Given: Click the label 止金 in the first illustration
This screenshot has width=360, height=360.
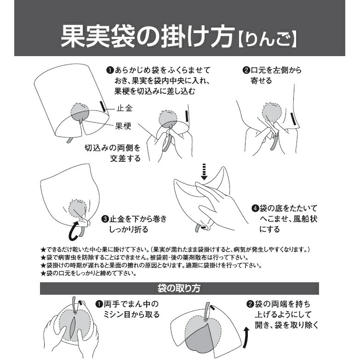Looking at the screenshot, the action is (125, 108).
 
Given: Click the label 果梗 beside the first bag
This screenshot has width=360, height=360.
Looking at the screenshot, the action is (123, 126).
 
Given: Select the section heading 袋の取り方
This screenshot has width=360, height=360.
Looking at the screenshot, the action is (179, 288).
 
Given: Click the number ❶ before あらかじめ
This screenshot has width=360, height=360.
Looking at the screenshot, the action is (110, 70).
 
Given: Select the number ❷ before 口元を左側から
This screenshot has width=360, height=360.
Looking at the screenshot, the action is (246, 70).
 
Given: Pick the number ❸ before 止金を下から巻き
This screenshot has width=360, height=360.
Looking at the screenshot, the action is (105, 219).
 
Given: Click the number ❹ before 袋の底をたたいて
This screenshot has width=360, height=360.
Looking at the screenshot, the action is (255, 208).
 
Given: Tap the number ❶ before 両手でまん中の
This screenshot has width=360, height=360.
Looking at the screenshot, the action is (99, 304).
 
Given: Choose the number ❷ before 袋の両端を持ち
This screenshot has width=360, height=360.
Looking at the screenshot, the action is (250, 304).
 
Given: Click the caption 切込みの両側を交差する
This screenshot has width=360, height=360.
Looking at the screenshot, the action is (113, 153).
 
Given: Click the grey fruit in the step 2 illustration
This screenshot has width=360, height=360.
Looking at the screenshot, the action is (271, 112).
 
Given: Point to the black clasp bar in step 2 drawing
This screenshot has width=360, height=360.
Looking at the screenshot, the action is (293, 119).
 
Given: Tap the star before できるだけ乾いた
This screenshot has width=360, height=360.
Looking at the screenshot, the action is (43, 250).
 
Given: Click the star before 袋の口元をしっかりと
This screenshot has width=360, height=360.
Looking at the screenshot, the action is (43, 274).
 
